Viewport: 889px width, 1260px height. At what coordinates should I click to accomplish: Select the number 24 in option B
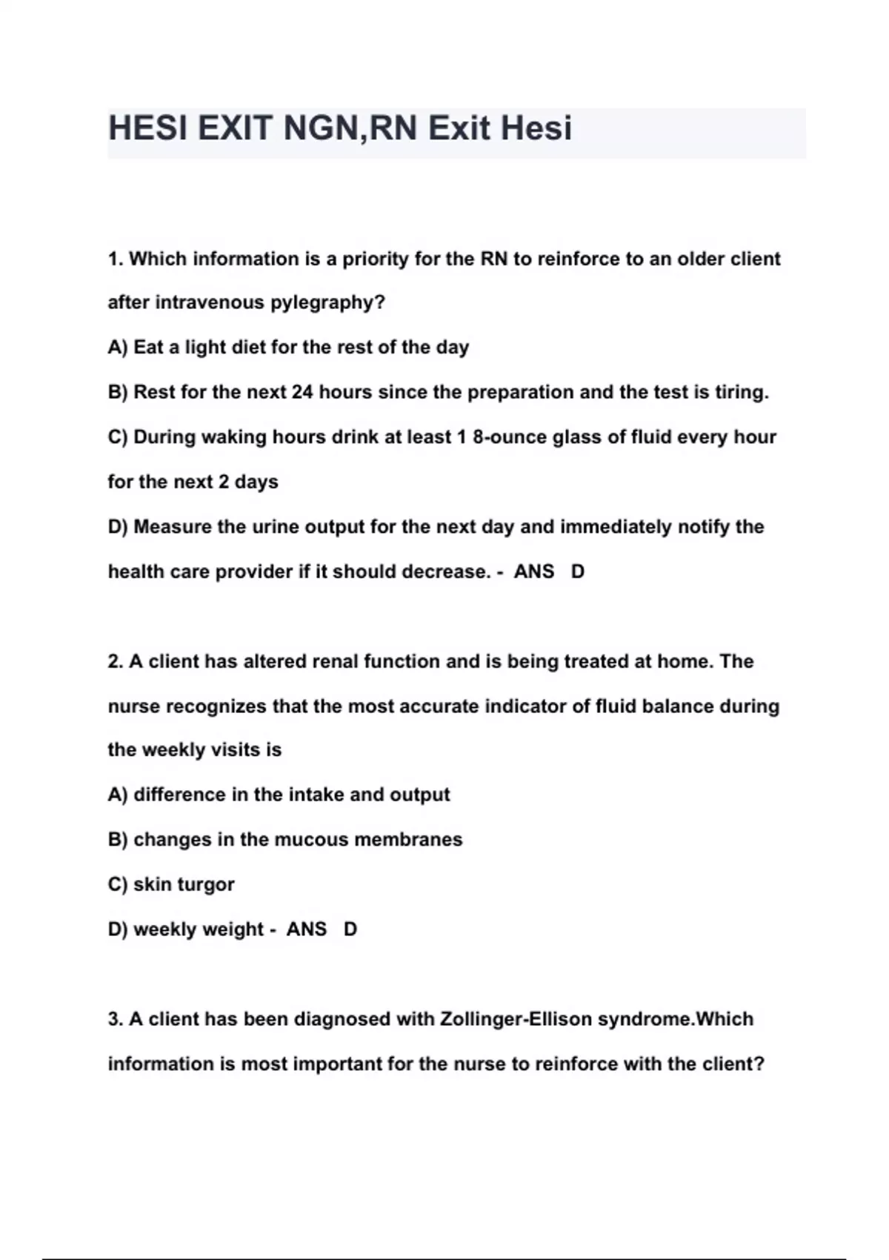point(302,392)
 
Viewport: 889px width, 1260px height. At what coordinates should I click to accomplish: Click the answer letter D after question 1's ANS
point(578,571)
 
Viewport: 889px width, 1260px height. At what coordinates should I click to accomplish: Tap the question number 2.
point(115,661)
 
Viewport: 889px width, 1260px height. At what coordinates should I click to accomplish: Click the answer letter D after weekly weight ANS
point(350,929)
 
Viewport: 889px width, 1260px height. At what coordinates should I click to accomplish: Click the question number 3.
point(115,1019)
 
